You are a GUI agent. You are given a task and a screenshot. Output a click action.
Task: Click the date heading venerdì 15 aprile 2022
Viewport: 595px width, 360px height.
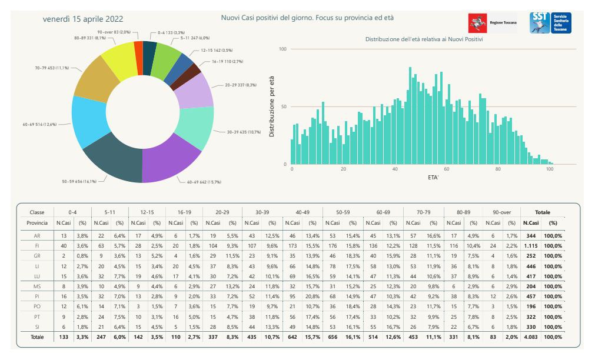(83, 19)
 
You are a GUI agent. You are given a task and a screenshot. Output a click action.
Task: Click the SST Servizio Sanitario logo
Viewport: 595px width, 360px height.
(550, 23)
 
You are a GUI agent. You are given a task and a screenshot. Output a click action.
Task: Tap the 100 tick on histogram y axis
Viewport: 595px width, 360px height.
(282, 49)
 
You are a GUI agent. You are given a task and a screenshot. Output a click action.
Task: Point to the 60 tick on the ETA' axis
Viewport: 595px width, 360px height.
(447, 169)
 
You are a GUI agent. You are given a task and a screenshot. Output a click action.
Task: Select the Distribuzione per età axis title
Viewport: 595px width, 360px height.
(272, 106)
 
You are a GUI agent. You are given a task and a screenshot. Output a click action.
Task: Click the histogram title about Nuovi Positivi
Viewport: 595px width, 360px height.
(424, 39)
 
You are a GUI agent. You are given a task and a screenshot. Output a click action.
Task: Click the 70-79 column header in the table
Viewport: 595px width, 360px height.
(424, 212)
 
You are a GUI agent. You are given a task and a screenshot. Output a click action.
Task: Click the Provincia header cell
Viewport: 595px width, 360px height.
(37, 223)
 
